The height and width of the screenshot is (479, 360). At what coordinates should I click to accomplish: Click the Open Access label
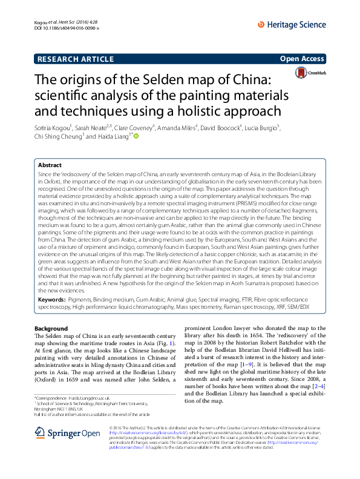click(303, 59)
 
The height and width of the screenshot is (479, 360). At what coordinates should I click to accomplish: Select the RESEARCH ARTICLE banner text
click(76, 59)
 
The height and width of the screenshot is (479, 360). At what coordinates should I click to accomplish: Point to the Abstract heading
click(50, 165)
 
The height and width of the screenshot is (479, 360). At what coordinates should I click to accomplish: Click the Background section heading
click(51, 328)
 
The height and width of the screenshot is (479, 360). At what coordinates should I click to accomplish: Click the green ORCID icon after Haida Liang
click(137, 137)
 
